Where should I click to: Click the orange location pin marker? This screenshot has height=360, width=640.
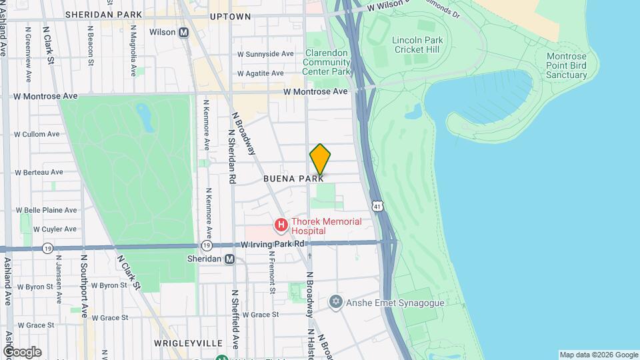click(320, 159)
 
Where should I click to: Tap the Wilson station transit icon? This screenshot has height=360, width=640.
click(183, 32)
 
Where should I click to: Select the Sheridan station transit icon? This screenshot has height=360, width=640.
click(229, 259)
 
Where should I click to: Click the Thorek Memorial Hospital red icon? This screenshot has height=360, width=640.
click(281, 226)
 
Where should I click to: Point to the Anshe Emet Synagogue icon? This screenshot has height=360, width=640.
click(336, 303)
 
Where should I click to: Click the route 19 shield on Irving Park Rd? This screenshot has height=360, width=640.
click(47, 248)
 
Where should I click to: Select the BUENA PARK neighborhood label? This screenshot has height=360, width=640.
click(293, 179)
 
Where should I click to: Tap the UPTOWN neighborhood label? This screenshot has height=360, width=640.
click(230, 16)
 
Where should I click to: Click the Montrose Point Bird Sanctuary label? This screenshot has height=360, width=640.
click(566, 66)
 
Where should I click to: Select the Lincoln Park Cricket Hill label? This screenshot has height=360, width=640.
click(417, 45)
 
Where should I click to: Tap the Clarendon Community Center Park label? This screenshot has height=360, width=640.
click(327, 62)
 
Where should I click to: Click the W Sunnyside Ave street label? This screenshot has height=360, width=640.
click(265, 54)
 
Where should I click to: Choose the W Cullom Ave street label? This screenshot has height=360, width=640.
click(37, 134)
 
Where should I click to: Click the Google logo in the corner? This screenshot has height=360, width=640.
click(22, 351)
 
